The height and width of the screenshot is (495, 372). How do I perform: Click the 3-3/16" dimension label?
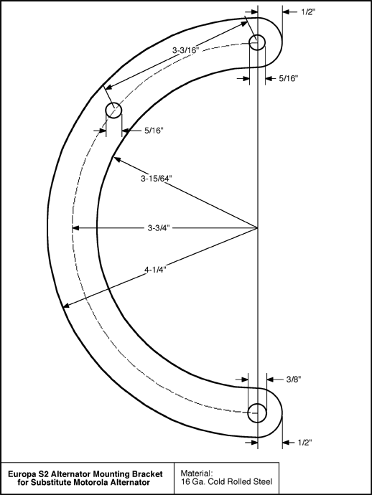pyautogui.click(x=185, y=50)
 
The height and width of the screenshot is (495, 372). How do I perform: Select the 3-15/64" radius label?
pyautogui.click(x=156, y=179)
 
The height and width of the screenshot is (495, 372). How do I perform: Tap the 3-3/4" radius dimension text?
pyautogui.click(x=159, y=227)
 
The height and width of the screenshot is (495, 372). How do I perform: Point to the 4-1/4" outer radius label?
pyautogui.click(x=156, y=270)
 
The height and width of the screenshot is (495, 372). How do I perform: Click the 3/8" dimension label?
pyautogui.click(x=294, y=379)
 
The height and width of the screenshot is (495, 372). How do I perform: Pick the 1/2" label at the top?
pyautogui.click(x=308, y=12)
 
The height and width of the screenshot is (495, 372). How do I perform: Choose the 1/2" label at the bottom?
pyautogui.click(x=304, y=443)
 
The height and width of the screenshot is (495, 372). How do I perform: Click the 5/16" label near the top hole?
pyautogui.click(x=288, y=78)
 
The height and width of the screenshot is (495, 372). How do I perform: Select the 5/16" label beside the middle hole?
pyautogui.click(x=154, y=131)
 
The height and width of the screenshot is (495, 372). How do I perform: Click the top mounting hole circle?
pyautogui.click(x=257, y=34)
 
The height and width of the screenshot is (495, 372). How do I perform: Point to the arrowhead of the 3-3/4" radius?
pyautogui.click(x=75, y=227)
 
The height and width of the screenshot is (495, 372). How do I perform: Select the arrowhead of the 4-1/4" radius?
pyautogui.click(x=66, y=305)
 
